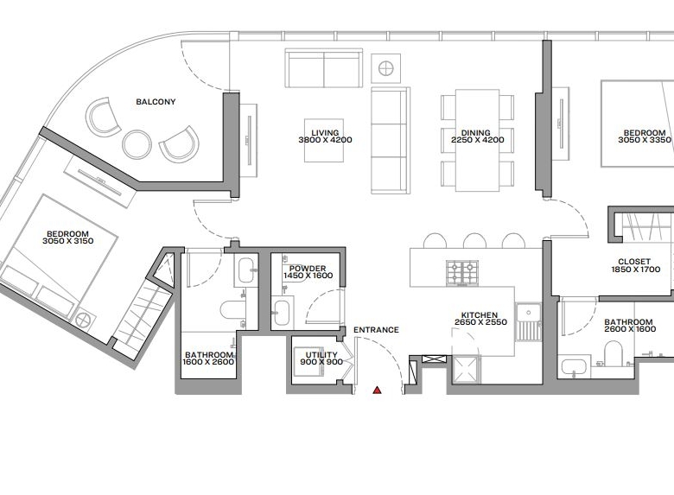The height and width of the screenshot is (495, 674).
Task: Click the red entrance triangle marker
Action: [377, 390]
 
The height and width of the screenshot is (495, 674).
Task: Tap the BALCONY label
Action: [156, 102]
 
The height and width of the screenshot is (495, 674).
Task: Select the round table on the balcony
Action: [137, 144]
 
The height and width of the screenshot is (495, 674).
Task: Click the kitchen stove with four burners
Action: [462, 272]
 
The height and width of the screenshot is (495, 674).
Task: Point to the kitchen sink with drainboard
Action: [528, 322]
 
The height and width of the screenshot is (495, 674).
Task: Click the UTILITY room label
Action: [321, 355]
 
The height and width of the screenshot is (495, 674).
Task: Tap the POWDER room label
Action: [308, 269]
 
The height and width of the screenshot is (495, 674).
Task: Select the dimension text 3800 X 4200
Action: [325, 140]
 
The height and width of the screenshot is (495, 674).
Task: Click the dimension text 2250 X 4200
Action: [478, 140]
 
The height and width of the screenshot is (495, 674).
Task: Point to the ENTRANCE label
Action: [376, 330]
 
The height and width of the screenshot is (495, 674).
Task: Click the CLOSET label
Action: [634, 262]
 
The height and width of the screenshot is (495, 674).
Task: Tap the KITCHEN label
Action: [480, 315]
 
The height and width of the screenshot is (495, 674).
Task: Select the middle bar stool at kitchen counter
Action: [474, 241]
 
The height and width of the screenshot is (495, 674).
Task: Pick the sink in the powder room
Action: [282, 313]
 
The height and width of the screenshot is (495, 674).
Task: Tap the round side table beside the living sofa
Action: [386, 68]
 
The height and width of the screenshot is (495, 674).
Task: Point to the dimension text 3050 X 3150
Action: [68, 241]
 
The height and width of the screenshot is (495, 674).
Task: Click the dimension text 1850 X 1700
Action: [636, 270]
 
